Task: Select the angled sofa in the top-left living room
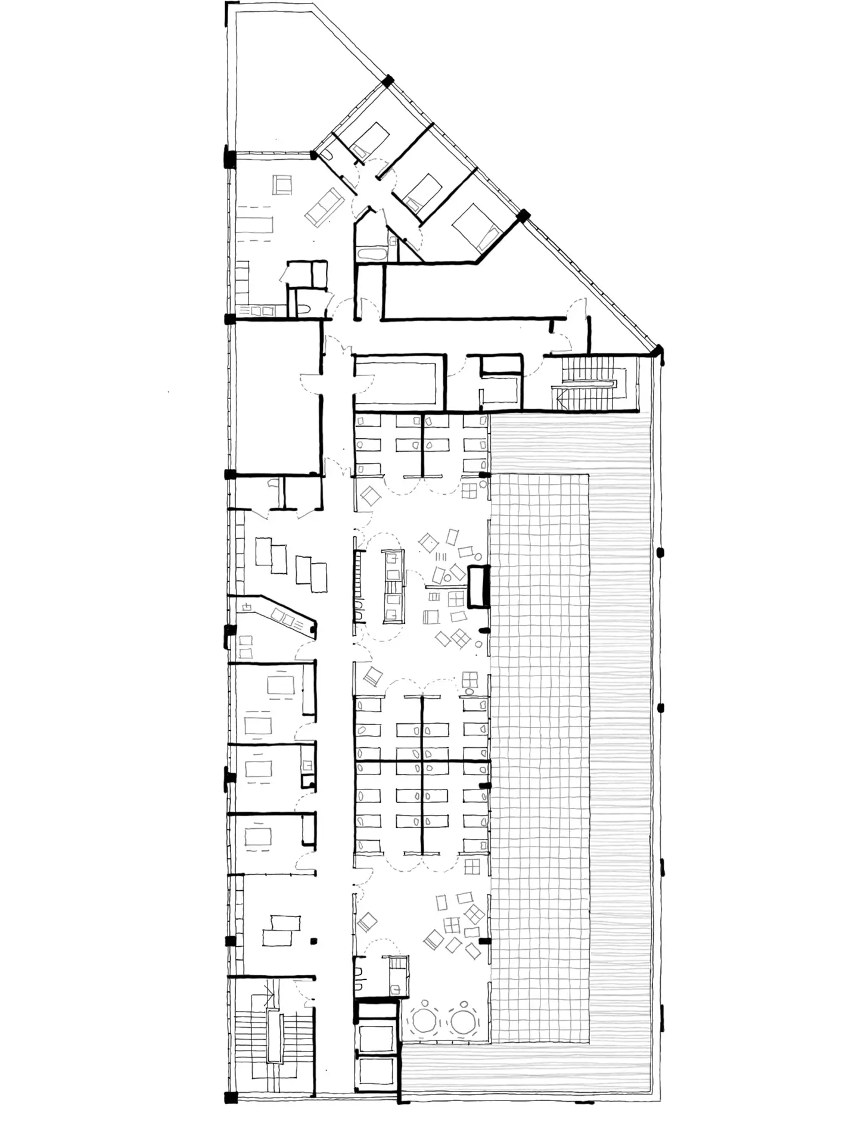point(323,207)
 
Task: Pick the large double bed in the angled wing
point(475,228)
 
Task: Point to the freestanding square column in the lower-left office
point(313,940)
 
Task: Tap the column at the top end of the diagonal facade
point(388,80)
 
